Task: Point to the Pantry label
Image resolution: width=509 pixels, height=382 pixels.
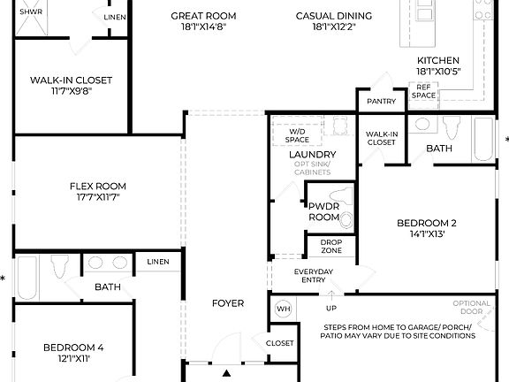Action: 381,102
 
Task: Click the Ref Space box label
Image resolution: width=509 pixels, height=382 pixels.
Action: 425,92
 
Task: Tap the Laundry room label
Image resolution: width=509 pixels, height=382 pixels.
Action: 312,154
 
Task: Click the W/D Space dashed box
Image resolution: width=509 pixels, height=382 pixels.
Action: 297,134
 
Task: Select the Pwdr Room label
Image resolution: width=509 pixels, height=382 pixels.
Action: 323,211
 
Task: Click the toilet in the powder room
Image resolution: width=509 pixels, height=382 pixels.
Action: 346,219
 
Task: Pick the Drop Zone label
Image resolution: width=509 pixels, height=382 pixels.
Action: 331,247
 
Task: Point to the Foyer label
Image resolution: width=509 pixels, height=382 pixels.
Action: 227,303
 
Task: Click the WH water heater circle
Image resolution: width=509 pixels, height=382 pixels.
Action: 284,309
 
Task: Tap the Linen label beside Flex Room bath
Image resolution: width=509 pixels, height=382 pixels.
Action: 158,262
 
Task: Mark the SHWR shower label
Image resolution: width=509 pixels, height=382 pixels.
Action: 31,12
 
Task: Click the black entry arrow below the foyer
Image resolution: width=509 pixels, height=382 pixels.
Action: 227,373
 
